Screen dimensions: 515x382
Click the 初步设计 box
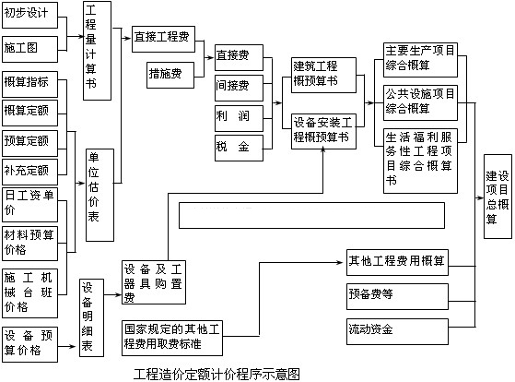(29, 15)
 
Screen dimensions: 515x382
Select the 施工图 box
(29, 49)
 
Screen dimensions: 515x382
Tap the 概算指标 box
(29, 85)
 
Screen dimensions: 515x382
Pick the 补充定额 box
(29, 172)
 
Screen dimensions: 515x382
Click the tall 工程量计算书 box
(98, 51)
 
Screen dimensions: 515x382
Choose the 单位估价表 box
(99, 195)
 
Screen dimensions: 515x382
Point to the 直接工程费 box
(164, 39)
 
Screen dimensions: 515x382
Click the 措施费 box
(170, 75)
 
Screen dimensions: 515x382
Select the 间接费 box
(240, 88)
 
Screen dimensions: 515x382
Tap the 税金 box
(240, 148)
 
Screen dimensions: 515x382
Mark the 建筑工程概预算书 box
(324, 76)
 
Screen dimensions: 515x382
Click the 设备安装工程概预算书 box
(324, 132)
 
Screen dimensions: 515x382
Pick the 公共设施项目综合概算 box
(421, 103)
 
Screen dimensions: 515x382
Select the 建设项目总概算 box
(497, 197)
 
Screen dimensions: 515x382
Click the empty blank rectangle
(311, 216)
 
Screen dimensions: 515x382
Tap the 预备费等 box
(397, 296)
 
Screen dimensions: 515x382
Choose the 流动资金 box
(397, 331)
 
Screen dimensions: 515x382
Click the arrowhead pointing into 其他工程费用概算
(340, 263)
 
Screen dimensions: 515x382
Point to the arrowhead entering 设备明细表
(72, 346)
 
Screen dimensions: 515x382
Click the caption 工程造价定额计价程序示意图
(217, 374)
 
